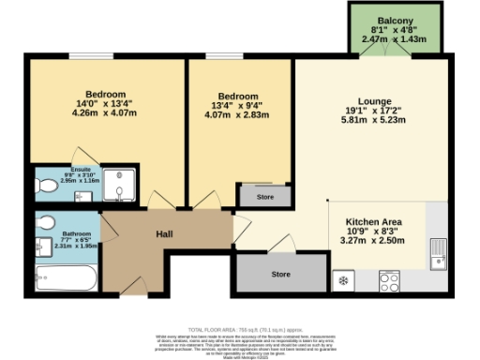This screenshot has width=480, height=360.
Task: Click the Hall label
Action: tap(164, 235)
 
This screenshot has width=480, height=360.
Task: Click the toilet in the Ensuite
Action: tap(45, 187)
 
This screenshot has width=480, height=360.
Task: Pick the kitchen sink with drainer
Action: tap(438, 249)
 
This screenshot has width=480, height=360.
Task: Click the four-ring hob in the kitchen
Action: tap(392, 279)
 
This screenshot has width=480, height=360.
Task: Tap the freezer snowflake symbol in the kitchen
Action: tap(344, 279)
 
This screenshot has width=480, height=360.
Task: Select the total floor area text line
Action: tap(240, 330)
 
